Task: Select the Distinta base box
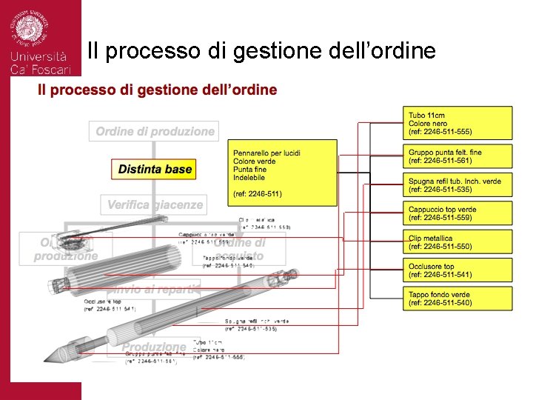155,169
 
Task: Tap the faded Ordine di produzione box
155,132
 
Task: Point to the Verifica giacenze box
155,204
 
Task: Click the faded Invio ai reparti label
156,289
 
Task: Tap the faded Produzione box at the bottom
154,346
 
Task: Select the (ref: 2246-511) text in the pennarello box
258,194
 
